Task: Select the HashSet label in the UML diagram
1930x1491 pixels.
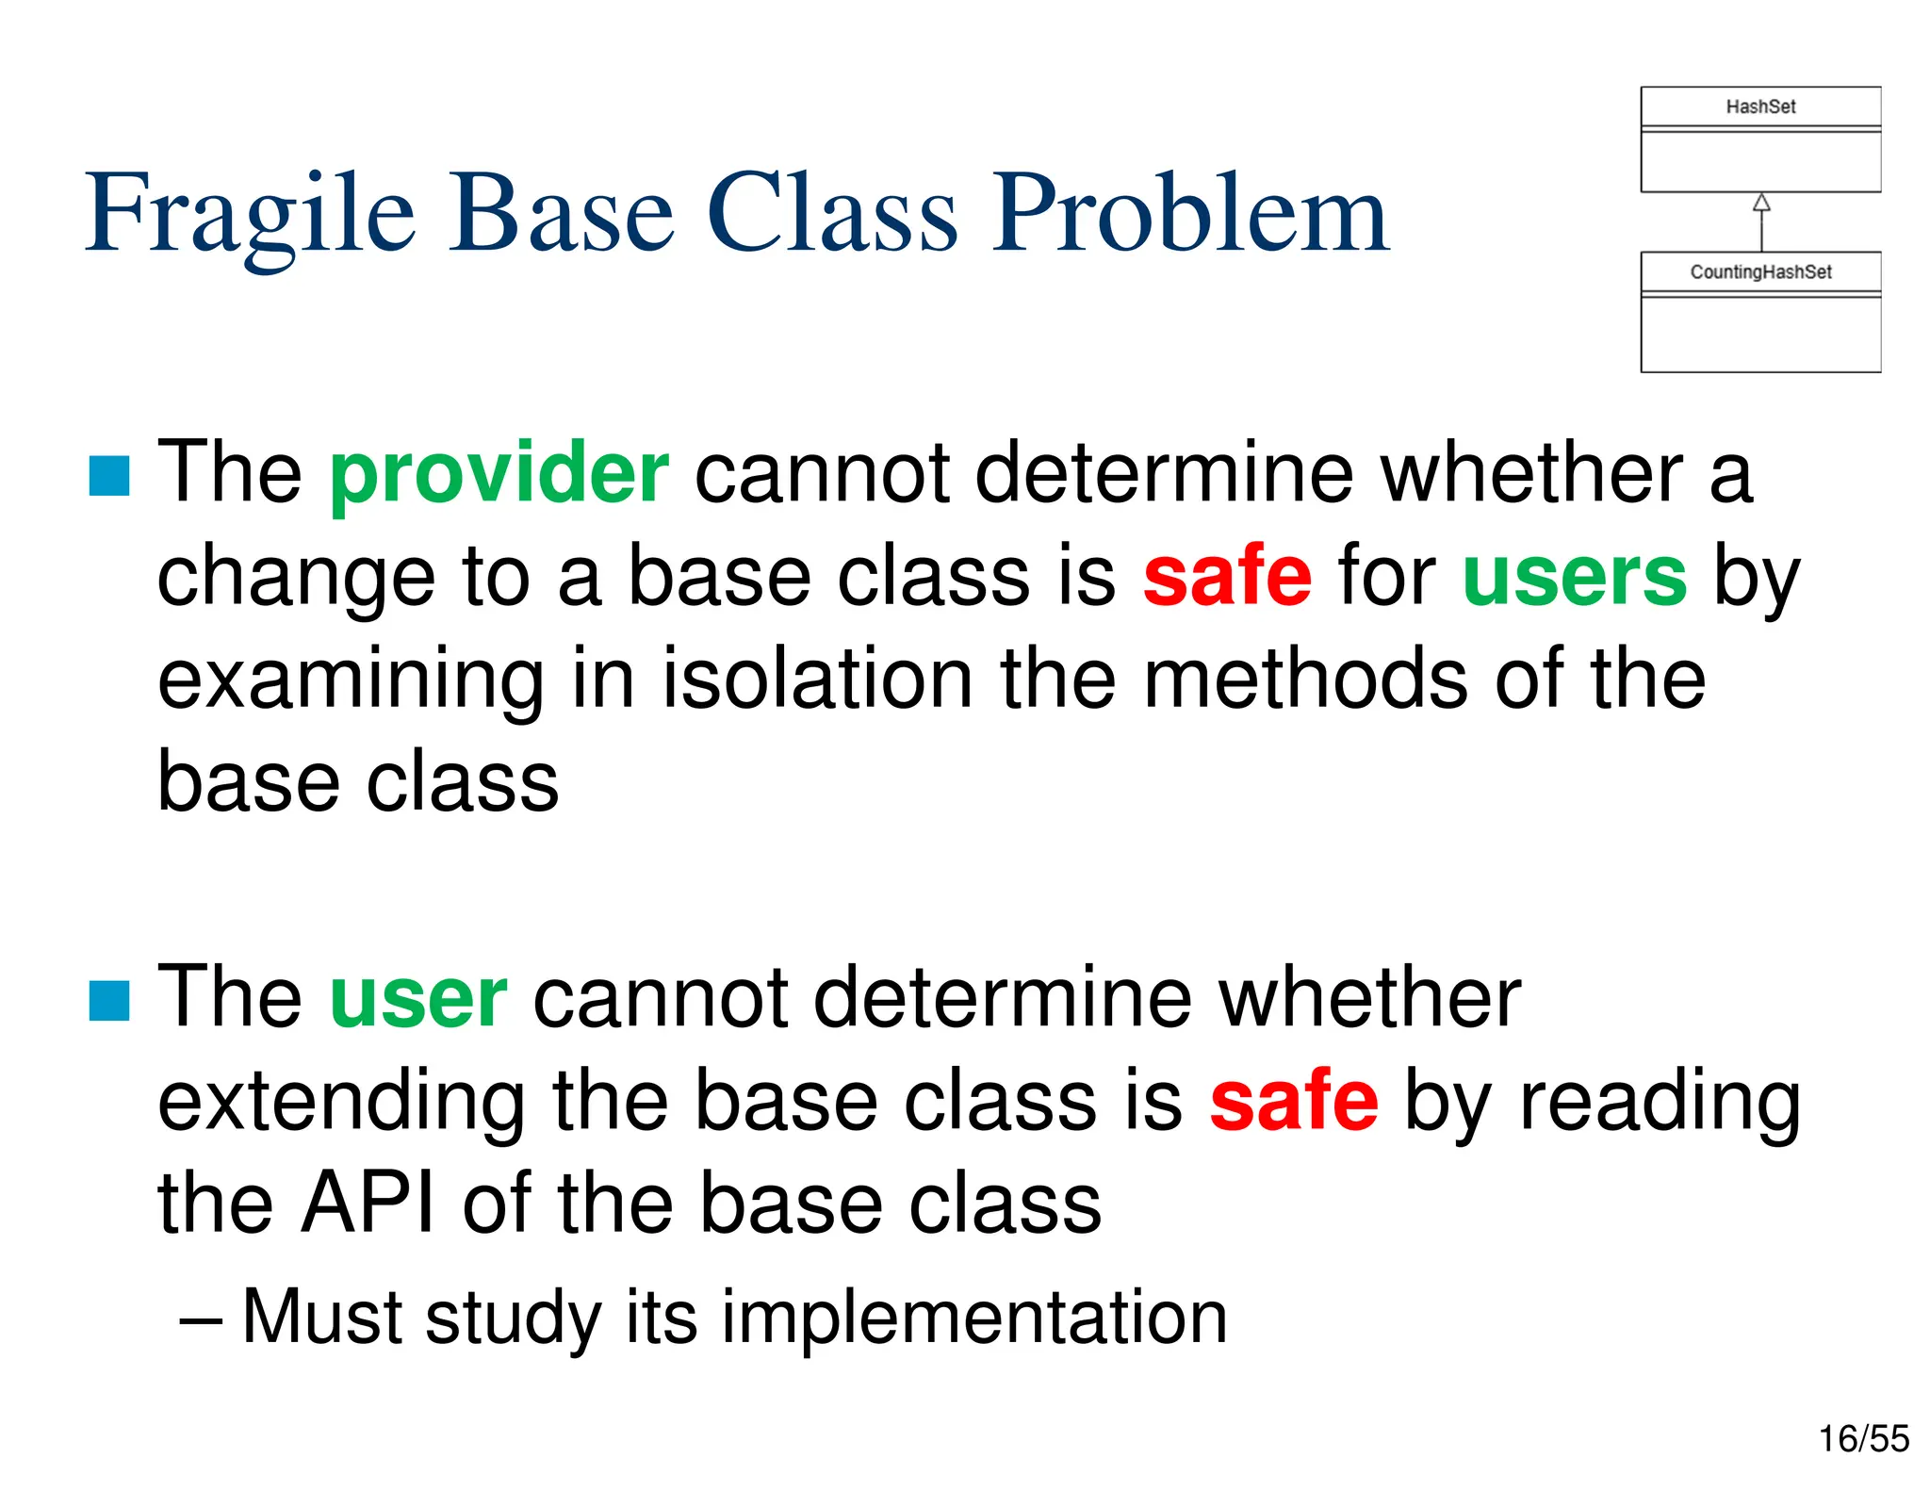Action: (1759, 107)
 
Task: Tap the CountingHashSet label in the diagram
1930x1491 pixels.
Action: (1759, 272)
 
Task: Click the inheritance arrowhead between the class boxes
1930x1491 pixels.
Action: (1760, 203)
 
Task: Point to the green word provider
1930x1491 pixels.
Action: (499, 474)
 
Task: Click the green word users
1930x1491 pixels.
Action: (1574, 577)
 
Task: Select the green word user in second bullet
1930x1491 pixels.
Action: (418, 998)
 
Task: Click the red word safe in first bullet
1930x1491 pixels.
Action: (1227, 577)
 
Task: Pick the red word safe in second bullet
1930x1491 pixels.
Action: (1293, 1101)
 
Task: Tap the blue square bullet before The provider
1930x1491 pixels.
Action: (109, 476)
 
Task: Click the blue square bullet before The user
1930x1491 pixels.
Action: (109, 1001)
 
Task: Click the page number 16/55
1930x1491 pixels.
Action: (1863, 1439)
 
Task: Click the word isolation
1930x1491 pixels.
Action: (817, 680)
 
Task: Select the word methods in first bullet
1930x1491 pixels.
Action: (1304, 680)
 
